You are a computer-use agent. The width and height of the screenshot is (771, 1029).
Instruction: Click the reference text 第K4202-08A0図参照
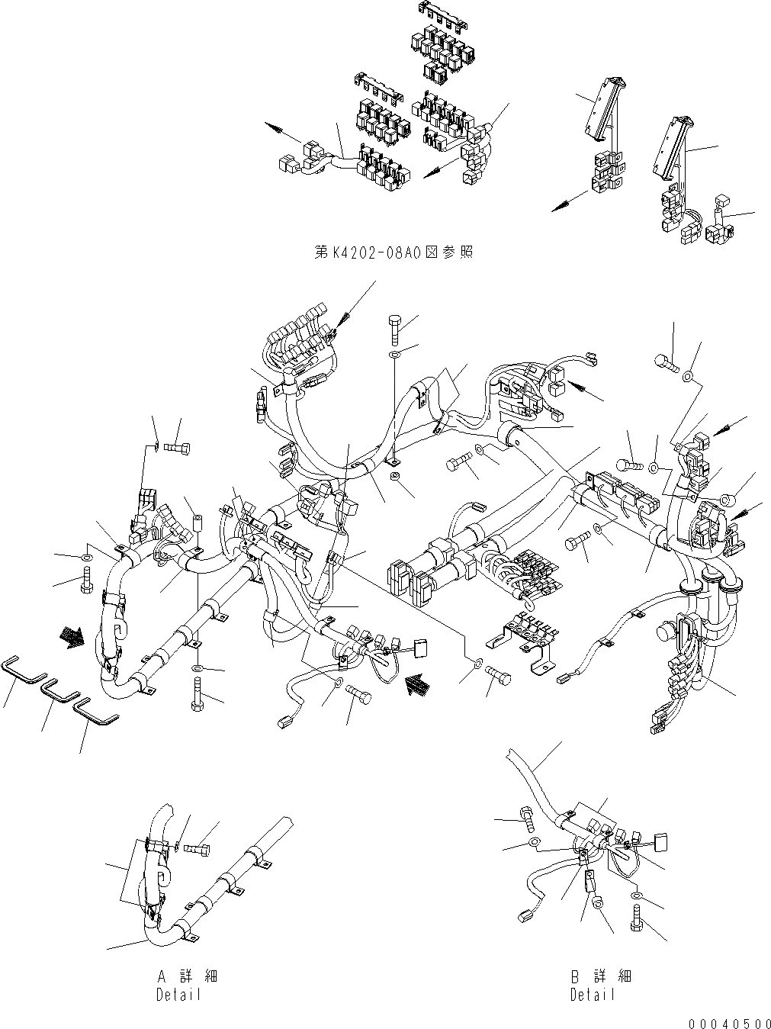point(394,251)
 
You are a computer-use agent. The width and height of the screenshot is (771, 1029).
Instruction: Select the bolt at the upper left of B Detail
point(526,815)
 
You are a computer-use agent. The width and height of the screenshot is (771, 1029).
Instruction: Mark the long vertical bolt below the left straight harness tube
point(197,699)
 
